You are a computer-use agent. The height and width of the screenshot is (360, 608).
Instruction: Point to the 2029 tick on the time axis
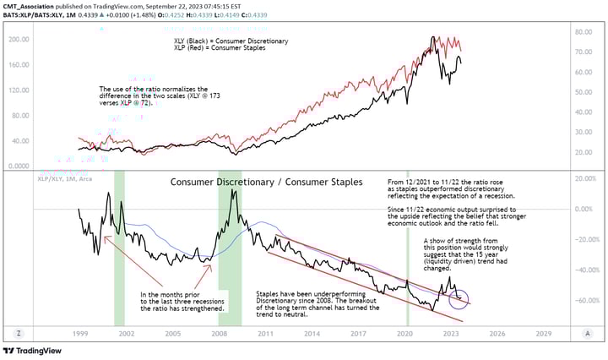point(543,334)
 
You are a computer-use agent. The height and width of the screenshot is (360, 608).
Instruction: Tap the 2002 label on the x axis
point(126,334)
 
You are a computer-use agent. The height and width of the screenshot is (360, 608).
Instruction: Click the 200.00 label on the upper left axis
point(17,40)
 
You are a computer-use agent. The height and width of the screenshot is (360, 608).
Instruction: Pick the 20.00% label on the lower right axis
point(584,178)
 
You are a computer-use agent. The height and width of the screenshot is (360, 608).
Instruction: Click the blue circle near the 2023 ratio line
point(459,297)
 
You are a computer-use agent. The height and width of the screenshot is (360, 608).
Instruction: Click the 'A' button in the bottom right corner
point(586,334)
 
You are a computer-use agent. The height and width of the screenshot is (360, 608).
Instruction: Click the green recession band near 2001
point(119,245)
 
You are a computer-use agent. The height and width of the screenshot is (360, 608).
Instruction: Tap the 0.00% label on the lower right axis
point(584,209)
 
